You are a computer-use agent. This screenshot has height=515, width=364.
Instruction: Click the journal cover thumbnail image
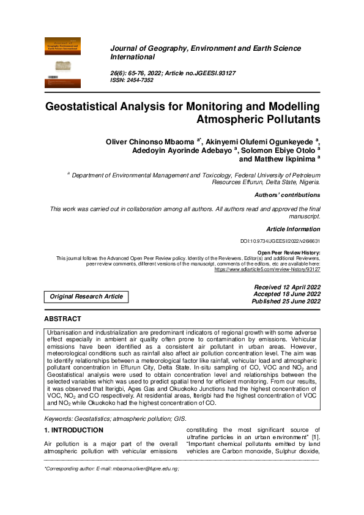coord(63,63)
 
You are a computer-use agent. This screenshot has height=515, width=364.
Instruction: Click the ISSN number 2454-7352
coord(139,80)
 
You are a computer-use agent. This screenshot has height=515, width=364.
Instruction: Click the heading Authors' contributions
coord(287,195)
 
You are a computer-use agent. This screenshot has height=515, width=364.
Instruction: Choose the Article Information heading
coord(293,229)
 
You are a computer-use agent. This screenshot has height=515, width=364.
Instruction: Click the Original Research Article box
coord(86,297)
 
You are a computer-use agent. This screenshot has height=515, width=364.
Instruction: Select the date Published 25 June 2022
coord(286,302)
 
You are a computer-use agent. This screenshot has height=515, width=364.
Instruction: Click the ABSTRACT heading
coord(62,319)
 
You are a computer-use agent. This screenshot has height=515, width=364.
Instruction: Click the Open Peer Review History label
coord(289,253)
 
